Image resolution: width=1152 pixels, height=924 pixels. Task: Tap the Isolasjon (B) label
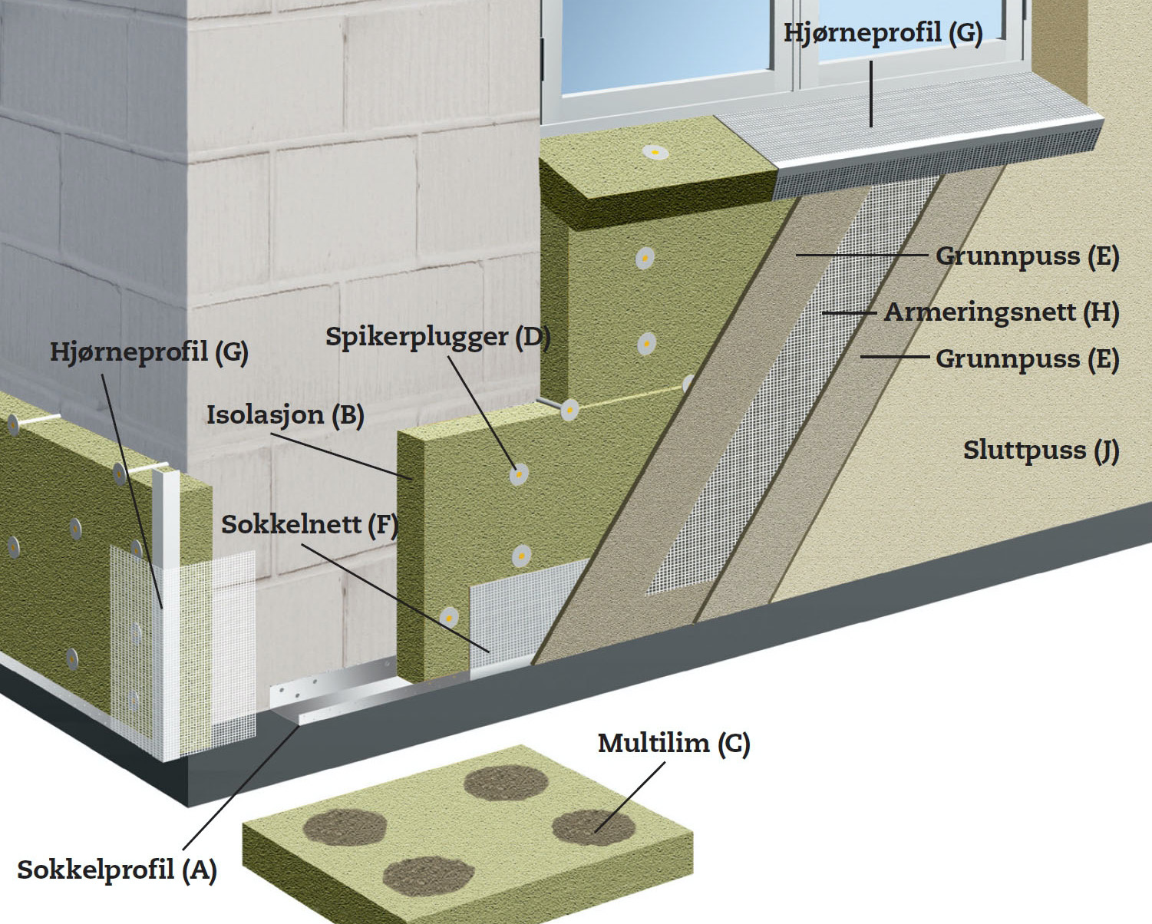tap(286, 415)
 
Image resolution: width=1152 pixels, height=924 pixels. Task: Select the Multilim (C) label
tap(674, 743)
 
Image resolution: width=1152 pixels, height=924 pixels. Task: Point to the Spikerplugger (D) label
tap(438, 337)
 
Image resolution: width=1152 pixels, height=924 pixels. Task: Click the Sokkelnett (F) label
tap(310, 525)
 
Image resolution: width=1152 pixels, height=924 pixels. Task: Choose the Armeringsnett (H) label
tap(1001, 312)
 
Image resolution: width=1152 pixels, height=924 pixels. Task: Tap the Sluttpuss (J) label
tap(1041, 450)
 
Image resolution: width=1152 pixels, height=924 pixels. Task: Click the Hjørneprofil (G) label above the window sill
tap(883, 33)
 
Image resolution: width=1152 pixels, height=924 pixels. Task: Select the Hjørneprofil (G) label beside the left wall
tap(150, 353)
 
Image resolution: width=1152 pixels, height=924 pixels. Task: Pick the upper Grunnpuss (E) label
tap(1027, 256)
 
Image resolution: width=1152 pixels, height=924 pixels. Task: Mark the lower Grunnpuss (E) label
tap(1027, 359)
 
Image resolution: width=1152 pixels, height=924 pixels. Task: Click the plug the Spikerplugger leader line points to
tap(519, 474)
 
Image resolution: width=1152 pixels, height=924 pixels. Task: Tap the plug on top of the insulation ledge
tap(655, 153)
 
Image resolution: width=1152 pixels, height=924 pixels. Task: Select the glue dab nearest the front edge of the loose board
tap(429, 877)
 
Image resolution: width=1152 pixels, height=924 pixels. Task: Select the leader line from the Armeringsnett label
tap(850, 312)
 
